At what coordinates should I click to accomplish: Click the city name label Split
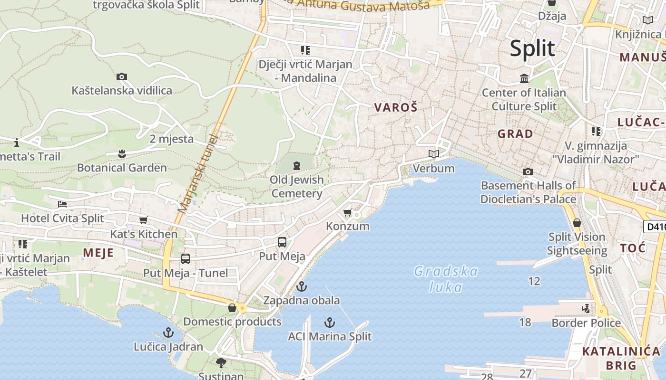[532, 48]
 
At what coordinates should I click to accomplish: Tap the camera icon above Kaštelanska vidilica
[122, 76]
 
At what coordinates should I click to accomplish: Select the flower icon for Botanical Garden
[122, 153]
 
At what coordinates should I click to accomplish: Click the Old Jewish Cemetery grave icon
[297, 166]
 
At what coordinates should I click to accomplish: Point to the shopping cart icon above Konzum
[348, 212]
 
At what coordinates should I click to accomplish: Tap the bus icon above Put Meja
[282, 242]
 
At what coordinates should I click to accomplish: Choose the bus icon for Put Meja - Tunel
[186, 259]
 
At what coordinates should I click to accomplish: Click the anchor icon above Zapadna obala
[301, 286]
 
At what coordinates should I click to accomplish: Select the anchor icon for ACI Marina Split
[329, 323]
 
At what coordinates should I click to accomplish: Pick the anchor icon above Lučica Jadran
[168, 332]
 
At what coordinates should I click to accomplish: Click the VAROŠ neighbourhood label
[396, 107]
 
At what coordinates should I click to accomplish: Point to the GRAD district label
[515, 134]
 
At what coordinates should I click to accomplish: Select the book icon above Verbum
[433, 154]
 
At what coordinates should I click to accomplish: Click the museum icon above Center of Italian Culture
[524, 78]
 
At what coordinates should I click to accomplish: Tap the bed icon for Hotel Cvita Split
[62, 204]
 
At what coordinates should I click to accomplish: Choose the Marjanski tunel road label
[197, 174]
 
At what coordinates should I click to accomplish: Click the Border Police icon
[586, 309]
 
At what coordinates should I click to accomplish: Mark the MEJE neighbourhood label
[98, 252]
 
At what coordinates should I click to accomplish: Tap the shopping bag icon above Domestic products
[232, 308]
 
